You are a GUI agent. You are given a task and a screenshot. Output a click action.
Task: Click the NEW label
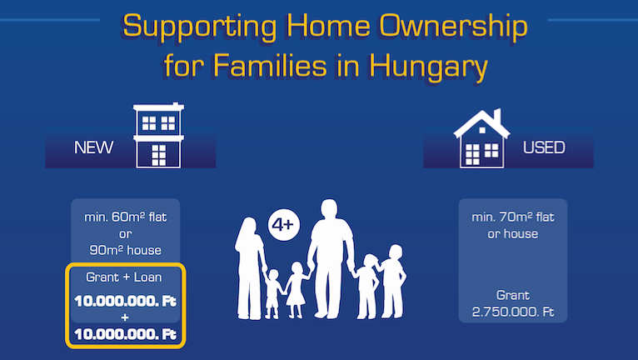point(93,148)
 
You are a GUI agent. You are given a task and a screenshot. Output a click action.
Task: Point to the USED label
point(544,148)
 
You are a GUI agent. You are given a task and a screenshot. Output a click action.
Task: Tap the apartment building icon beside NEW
point(158,137)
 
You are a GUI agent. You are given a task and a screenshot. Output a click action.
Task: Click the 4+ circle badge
point(282,225)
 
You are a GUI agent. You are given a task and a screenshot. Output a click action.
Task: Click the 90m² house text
point(126,249)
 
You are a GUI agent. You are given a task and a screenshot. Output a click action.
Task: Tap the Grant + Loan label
point(124,277)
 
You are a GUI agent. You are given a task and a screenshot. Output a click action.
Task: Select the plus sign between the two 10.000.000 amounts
point(126,317)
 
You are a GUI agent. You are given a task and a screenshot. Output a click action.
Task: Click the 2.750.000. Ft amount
point(513,311)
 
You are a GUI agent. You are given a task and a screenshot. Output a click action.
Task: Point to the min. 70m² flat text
point(513,217)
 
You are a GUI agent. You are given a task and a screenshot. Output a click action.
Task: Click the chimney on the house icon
point(497,115)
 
